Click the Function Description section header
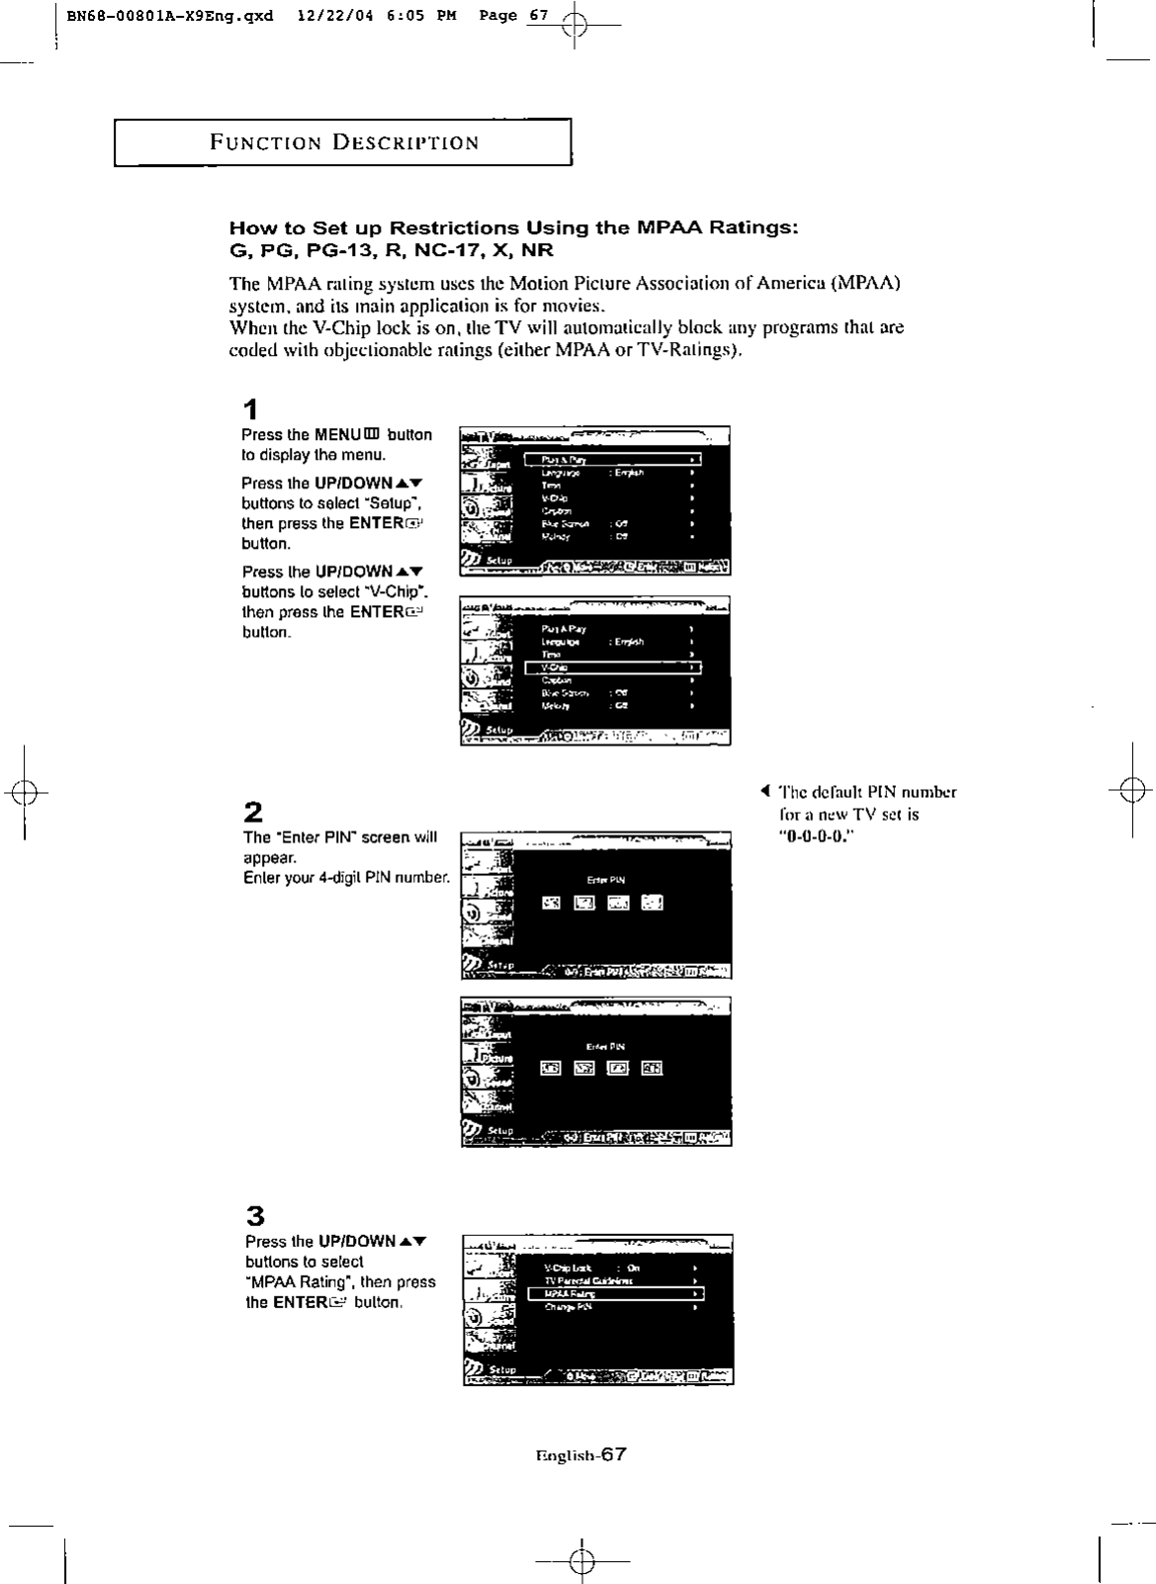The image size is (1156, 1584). pyautogui.click(x=343, y=141)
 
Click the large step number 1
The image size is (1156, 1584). pyautogui.click(x=251, y=409)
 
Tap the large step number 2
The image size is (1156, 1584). pyautogui.click(x=253, y=813)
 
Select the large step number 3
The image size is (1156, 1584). pyautogui.click(x=254, y=1215)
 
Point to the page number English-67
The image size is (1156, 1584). pyautogui.click(x=580, y=1454)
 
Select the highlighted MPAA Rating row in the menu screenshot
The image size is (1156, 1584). pyautogui.click(x=616, y=1293)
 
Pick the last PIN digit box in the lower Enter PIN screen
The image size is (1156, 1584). pyautogui.click(x=652, y=1068)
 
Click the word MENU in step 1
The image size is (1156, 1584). pyautogui.click(x=337, y=435)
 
